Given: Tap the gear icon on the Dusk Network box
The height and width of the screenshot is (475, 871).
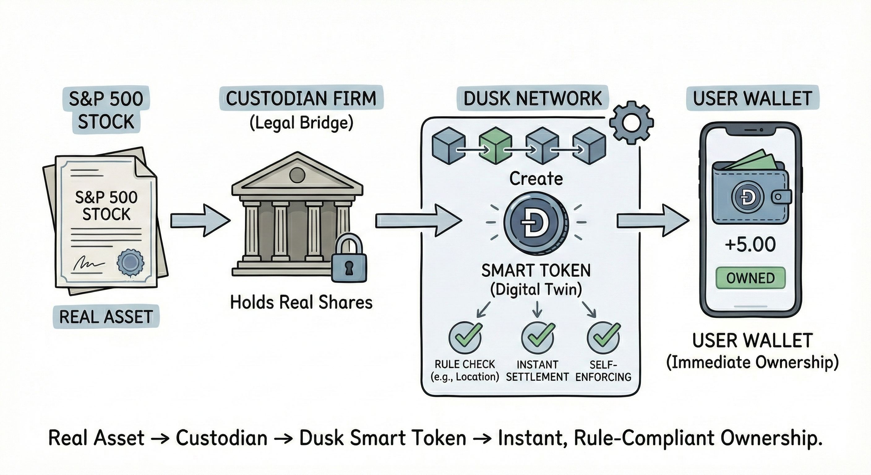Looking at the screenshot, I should coord(631,122).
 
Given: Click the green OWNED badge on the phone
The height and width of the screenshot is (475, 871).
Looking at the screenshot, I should coord(751,278).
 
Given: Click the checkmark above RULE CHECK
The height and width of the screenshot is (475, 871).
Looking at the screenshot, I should coord(465,338).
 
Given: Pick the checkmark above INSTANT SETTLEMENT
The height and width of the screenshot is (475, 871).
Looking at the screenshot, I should coord(538,338).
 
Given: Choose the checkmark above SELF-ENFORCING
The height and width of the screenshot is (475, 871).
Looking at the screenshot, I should coord(603,338).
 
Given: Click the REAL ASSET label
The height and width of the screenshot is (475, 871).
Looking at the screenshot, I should coord(106,317).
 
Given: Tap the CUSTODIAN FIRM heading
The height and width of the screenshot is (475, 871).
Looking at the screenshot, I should coord(301,98).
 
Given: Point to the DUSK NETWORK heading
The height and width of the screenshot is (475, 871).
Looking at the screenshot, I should coord(532,98).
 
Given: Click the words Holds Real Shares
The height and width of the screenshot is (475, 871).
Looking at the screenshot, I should coord(301,302).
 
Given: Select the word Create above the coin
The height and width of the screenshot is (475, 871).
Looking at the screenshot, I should coord(536,178).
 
